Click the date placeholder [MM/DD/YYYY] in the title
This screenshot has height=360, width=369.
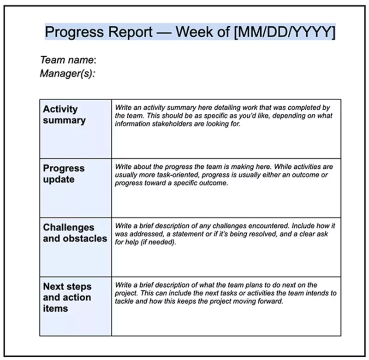285,32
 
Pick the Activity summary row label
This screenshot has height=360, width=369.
64,115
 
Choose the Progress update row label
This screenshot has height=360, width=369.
64,174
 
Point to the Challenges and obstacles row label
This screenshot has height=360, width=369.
75,233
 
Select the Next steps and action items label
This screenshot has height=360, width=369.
67,297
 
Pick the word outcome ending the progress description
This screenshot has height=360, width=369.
216,183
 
